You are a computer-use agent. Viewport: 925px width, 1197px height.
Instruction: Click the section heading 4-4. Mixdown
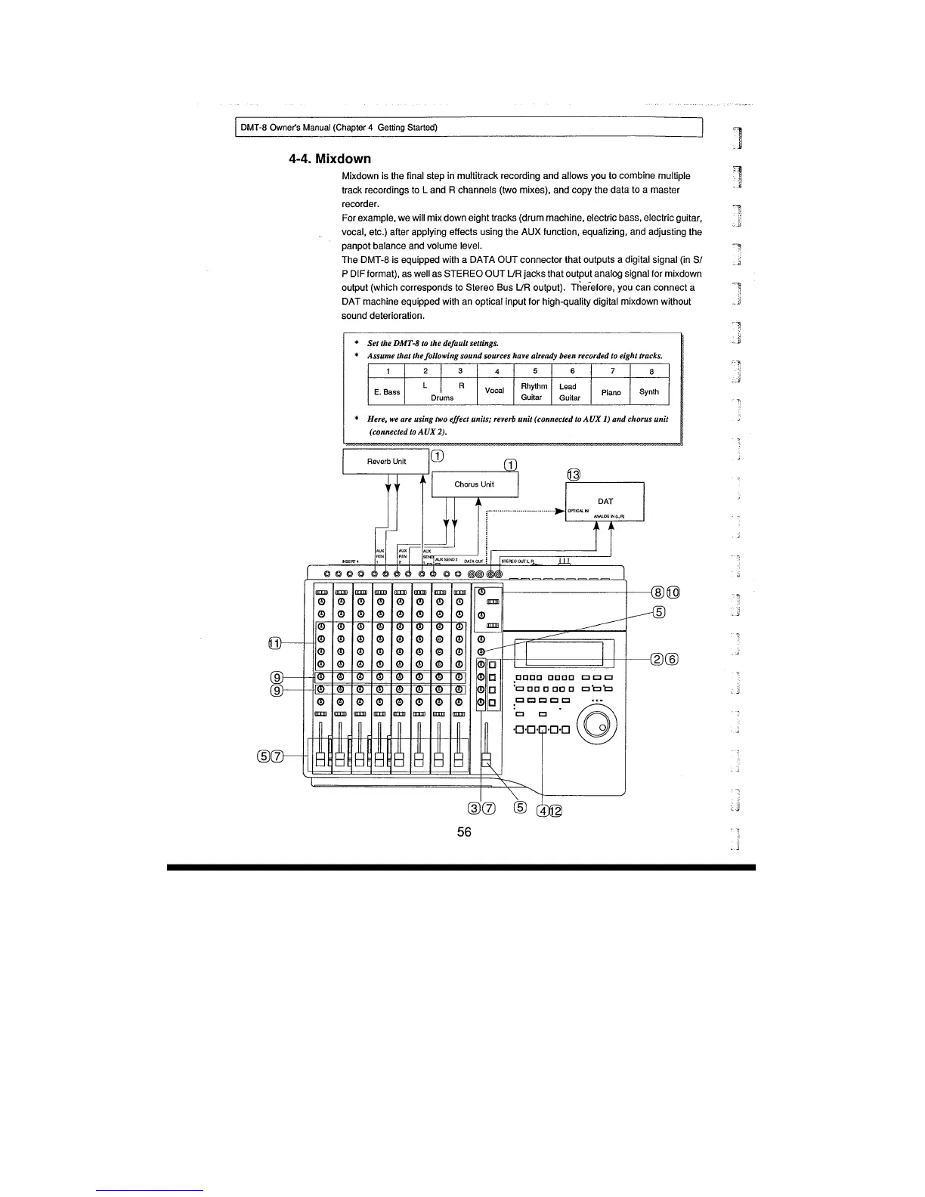[329, 159]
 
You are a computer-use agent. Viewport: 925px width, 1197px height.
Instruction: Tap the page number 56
[464, 832]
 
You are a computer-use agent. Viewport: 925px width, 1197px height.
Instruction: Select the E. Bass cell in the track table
[387, 391]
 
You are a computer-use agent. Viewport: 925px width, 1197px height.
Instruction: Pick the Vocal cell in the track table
[494, 391]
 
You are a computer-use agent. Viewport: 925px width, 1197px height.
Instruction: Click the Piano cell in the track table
[611, 392]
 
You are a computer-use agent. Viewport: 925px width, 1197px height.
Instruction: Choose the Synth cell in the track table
[649, 391]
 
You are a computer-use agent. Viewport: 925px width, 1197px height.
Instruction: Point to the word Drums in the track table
[442, 397]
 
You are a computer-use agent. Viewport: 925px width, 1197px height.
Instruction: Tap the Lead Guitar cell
[569, 391]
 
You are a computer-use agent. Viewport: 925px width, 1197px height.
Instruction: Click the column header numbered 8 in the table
[651, 372]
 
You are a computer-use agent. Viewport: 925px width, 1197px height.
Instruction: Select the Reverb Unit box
[386, 461]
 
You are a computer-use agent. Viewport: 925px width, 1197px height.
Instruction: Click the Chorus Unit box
[475, 484]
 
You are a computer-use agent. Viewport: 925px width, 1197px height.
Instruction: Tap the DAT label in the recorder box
[605, 501]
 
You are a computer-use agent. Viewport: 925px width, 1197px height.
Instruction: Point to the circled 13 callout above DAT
[573, 475]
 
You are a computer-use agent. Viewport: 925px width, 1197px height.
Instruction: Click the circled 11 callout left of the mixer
[274, 643]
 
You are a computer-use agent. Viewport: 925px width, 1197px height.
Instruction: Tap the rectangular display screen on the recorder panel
[564, 654]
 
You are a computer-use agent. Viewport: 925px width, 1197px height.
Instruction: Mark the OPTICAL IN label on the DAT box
[578, 511]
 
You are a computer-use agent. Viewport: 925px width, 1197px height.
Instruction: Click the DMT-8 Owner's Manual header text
[339, 127]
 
